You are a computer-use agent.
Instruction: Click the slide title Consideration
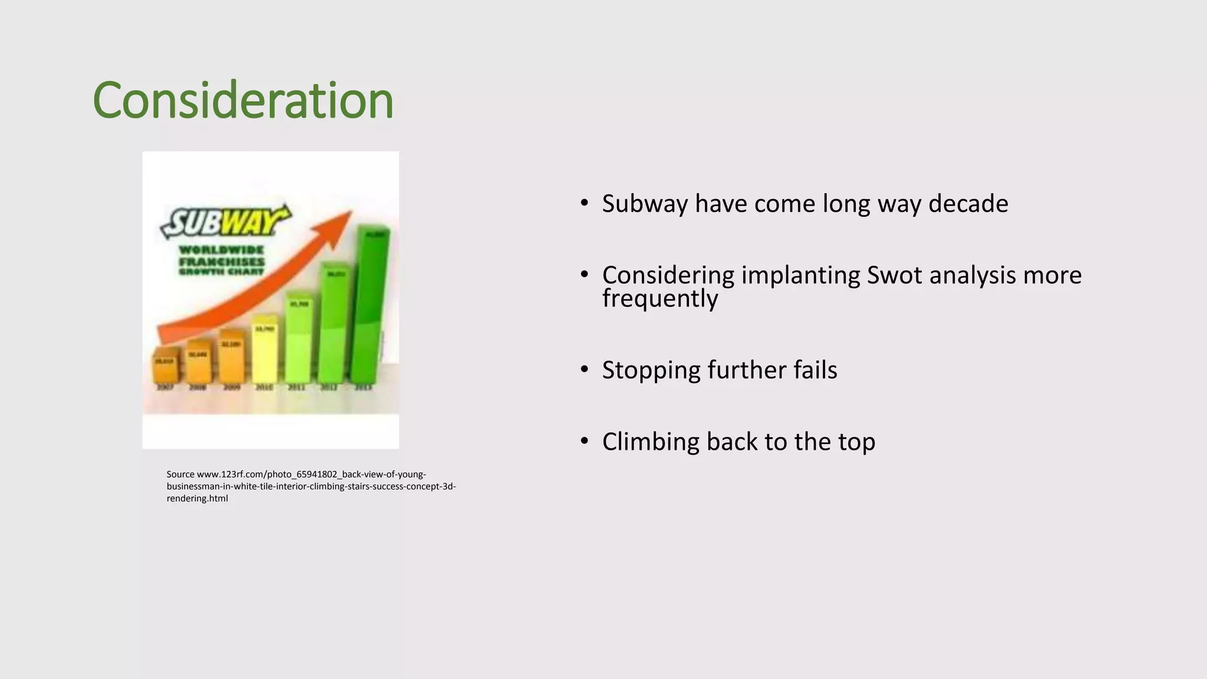pos(243,100)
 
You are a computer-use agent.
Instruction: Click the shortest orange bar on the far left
pos(164,365)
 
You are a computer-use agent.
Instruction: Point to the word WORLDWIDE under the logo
pos(221,250)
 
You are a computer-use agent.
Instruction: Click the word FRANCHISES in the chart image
pos(222,262)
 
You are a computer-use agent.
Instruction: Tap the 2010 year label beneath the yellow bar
pos(264,387)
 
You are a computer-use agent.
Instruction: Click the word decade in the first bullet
pos(968,204)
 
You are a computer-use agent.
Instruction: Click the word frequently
pos(659,298)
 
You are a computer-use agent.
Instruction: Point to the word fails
pos(814,370)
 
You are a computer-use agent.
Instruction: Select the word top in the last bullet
pos(856,443)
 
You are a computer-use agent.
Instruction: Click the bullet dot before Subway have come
pos(584,203)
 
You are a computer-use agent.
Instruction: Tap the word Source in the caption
pos(180,474)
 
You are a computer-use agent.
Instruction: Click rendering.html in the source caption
pos(197,499)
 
